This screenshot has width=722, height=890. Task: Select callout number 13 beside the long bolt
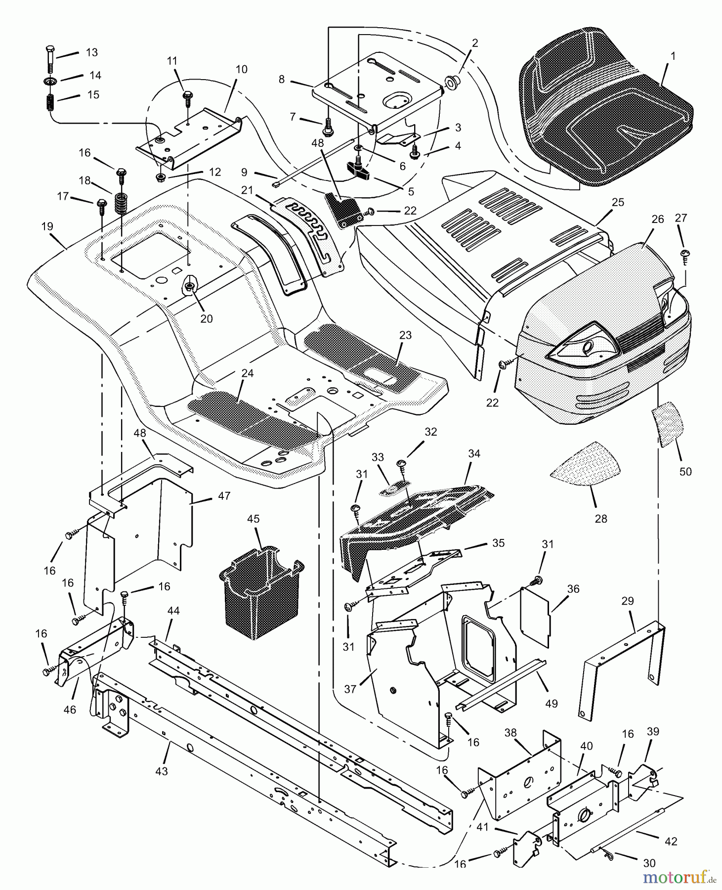[92, 52]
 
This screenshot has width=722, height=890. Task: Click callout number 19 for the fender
[47, 227]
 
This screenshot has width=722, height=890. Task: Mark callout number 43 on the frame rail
[162, 771]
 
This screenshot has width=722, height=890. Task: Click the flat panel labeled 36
[536, 616]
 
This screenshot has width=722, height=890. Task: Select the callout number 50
[685, 471]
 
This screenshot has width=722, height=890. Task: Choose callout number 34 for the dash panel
[474, 453]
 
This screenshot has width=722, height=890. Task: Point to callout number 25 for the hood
[618, 202]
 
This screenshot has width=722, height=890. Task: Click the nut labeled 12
[161, 177]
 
